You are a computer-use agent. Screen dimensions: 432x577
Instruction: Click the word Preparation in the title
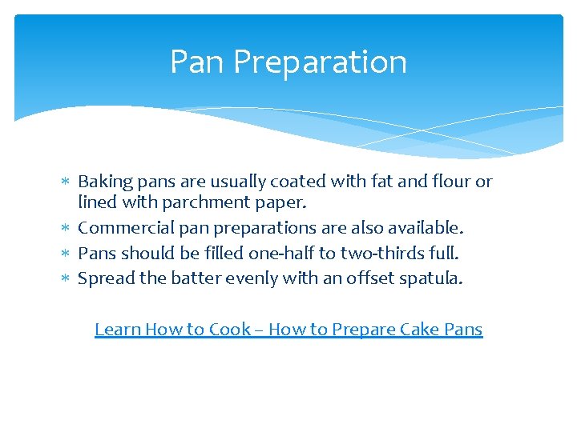[x=321, y=62]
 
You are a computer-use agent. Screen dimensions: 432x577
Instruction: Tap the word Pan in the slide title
[x=197, y=62]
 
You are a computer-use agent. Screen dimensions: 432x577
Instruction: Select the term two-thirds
[x=380, y=253]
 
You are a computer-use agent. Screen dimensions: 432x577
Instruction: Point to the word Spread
[x=103, y=278]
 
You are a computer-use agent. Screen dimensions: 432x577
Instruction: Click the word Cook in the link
[x=230, y=329]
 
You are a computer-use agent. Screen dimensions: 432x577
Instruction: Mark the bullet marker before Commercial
[x=67, y=228]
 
